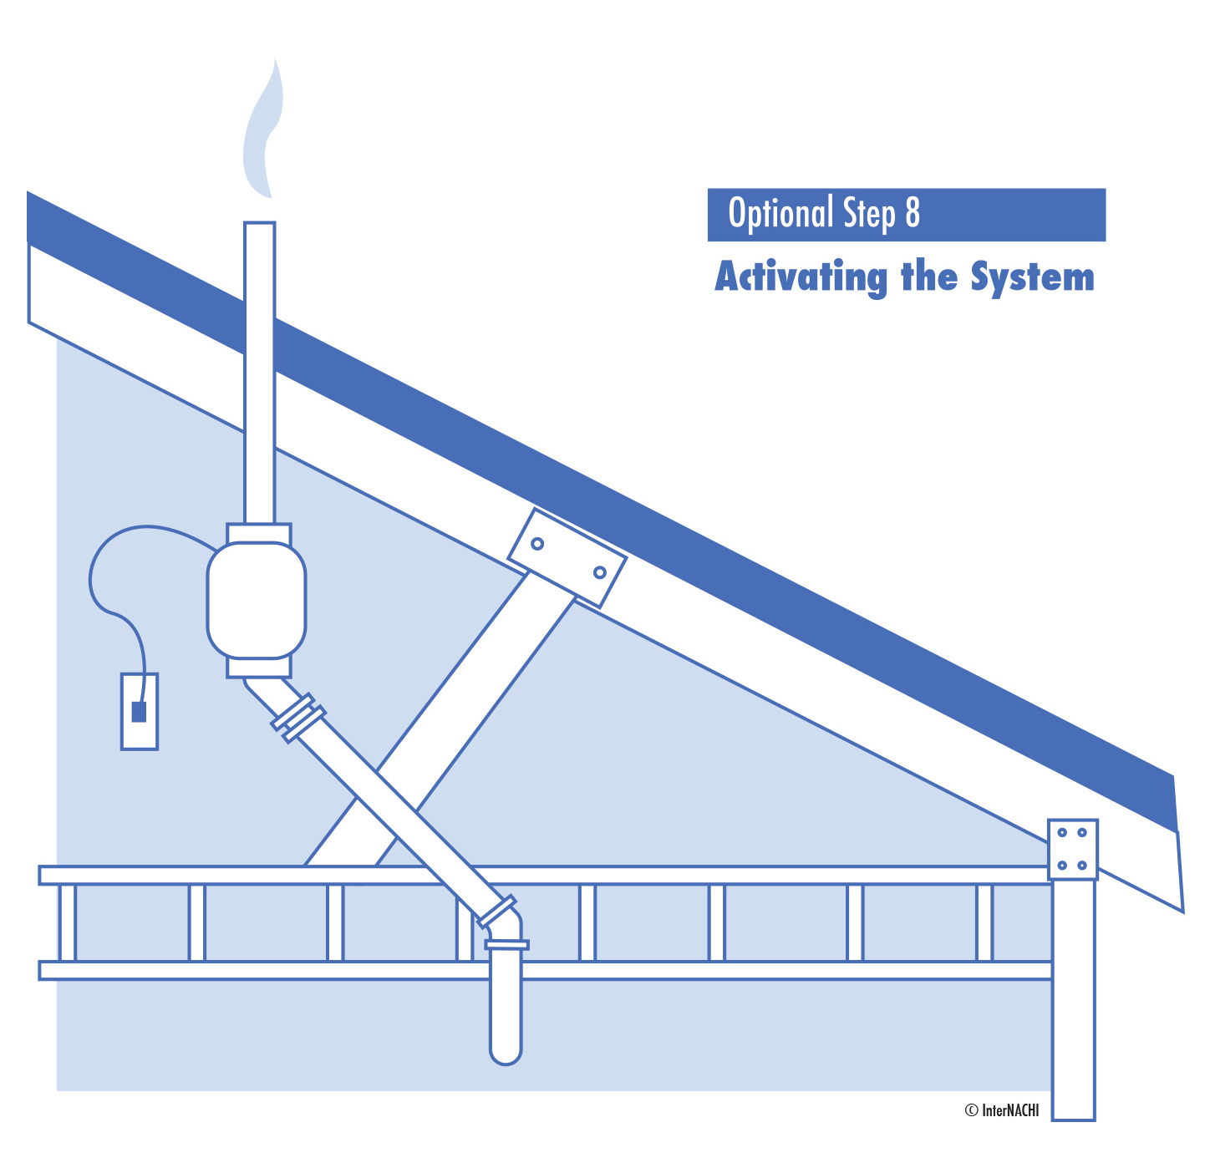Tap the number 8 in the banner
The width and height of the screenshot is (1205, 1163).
click(x=912, y=214)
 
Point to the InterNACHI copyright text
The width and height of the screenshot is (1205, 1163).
click(x=1002, y=1110)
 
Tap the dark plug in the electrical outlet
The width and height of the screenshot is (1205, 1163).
click(x=139, y=712)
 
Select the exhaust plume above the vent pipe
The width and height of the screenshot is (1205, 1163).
click(x=262, y=134)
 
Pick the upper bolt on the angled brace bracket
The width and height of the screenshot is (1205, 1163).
click(x=537, y=544)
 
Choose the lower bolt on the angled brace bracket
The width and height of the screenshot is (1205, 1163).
click(x=599, y=572)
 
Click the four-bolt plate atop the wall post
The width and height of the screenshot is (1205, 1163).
click(x=1072, y=849)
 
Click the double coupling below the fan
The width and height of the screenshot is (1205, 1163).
click(x=298, y=718)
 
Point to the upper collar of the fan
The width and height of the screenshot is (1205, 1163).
click(x=259, y=533)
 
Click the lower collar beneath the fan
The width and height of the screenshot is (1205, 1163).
click(x=259, y=667)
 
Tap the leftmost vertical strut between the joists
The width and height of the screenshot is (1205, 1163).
click(x=68, y=922)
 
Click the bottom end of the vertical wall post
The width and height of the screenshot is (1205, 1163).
click(x=1073, y=1111)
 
